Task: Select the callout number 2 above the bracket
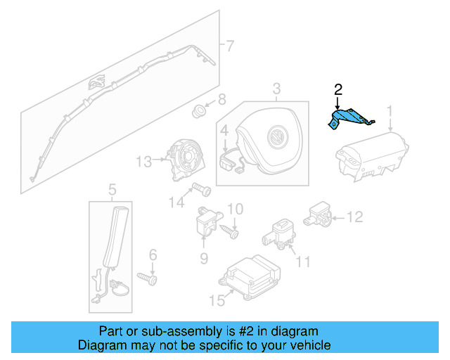(338, 89)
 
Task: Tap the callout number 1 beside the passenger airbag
(390, 111)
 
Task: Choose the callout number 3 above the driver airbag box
(276, 88)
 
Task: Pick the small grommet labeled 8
(199, 110)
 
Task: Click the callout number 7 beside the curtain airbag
(229, 46)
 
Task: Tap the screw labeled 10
(231, 229)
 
